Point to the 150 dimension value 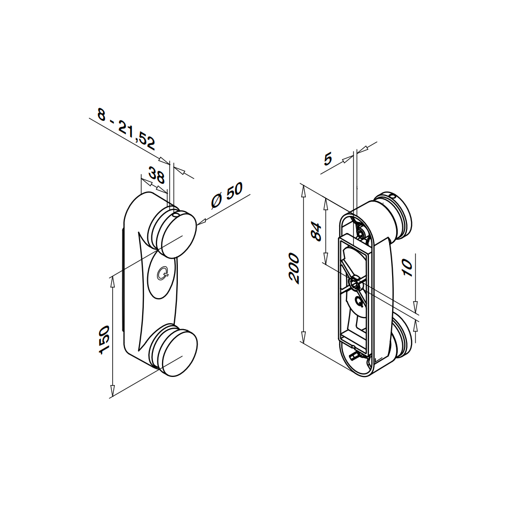click(104, 340)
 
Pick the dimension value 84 click(316, 231)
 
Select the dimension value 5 click(328, 159)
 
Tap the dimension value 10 click(407, 268)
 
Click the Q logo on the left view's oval click(163, 274)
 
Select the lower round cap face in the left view click(179, 354)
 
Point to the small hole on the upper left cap click(176, 215)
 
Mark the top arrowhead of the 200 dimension click(303, 191)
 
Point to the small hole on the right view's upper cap click(393, 196)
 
